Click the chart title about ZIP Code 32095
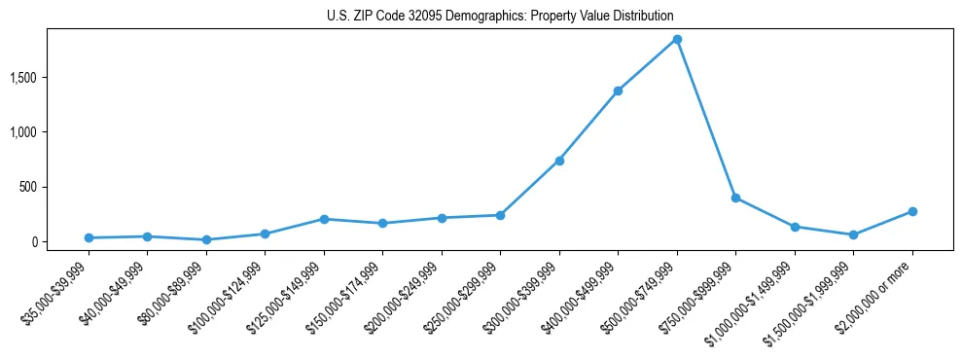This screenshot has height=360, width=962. (499, 16)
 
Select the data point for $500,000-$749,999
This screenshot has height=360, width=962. (677, 39)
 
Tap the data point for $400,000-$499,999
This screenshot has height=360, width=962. (618, 90)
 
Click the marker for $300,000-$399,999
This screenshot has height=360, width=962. (559, 161)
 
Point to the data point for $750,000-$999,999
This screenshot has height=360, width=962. (735, 198)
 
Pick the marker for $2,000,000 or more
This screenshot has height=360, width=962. (912, 211)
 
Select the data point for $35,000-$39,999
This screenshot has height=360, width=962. (89, 237)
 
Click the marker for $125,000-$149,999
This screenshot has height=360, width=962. (324, 219)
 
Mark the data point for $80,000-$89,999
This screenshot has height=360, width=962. (206, 239)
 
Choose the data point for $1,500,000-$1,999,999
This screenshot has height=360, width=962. (853, 234)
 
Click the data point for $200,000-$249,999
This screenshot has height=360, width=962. (442, 218)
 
